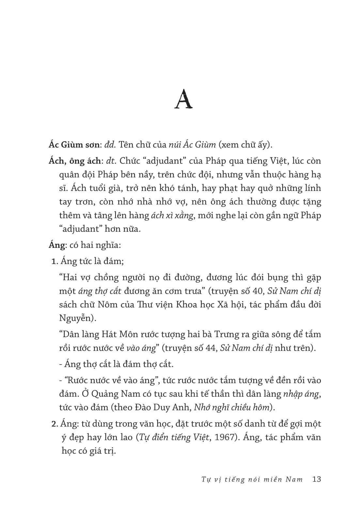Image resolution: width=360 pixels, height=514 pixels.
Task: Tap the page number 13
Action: pyautogui.click(x=317, y=479)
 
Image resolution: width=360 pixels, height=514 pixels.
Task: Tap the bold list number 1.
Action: pyautogui.click(x=55, y=261)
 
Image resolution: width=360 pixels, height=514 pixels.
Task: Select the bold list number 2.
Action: pyautogui.click(x=55, y=424)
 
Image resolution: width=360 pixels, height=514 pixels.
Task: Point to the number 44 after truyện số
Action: pyautogui.click(x=211, y=348)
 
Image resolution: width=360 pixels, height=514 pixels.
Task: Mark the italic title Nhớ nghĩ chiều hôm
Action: pyautogui.click(x=232, y=408)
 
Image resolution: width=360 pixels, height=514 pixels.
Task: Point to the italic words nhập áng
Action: pyautogui.click(x=301, y=394)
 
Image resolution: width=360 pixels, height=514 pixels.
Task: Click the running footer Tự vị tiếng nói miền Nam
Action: pyautogui.click(x=252, y=479)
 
